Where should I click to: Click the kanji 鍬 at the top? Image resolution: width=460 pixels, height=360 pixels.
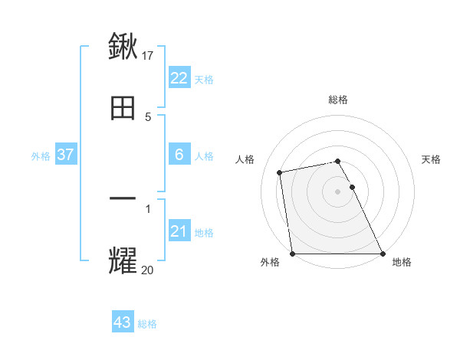pos(123,46)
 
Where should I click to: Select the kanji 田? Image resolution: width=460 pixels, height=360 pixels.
pos(123,108)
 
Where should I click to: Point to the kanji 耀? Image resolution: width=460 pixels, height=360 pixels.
pos(123,260)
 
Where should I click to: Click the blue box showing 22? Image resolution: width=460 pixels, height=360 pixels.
pos(179,78)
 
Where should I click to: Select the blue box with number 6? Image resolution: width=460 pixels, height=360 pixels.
pos(179,155)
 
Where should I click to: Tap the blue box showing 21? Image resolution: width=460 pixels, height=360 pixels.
pos(179,231)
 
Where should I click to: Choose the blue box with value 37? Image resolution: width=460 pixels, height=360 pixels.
pos(66,155)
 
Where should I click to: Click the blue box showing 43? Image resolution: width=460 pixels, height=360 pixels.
pos(123,322)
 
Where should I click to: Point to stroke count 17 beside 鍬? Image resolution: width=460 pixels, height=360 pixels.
pos(148,55)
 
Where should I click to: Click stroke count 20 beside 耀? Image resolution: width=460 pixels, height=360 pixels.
pos(148,270)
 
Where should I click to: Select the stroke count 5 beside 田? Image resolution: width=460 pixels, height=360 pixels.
pos(148,116)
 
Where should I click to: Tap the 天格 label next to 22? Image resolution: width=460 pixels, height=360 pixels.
pos(204,79)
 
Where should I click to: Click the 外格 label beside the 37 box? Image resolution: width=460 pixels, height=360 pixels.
pos(41,155)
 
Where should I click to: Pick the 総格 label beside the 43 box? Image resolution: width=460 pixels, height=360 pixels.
pos(147,323)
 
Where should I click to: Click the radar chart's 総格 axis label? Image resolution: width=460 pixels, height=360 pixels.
pos(338,100)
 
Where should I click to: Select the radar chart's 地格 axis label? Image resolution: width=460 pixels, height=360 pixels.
pos(402,262)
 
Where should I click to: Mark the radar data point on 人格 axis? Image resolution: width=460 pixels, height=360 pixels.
pos(280,172)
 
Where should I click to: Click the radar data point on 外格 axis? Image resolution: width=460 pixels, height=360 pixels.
pos(292,254)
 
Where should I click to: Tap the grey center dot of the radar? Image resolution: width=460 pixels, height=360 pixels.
pos(338,191)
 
